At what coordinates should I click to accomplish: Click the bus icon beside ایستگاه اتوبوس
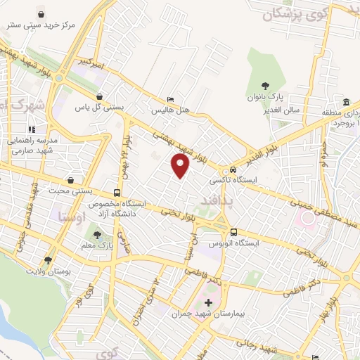[x=233, y=232]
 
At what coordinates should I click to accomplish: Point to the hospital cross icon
[x=208, y=302]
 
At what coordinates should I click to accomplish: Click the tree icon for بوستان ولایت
[x=48, y=259]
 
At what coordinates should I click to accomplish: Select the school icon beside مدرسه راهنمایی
[x=31, y=130]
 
